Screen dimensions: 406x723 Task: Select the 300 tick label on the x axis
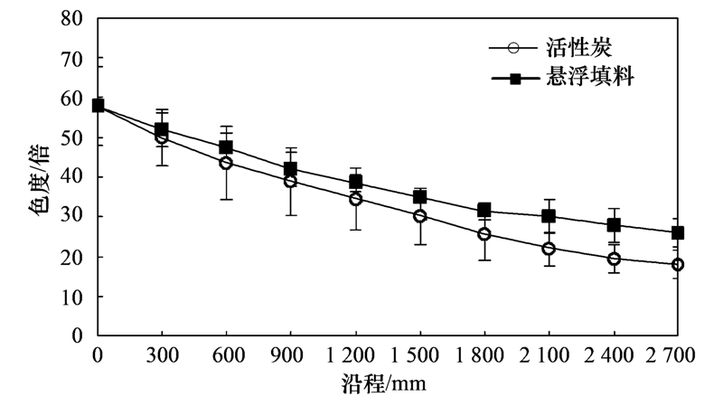(x=162, y=356)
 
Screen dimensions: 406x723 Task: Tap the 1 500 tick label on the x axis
(x=419, y=356)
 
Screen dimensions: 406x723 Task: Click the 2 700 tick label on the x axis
(x=677, y=356)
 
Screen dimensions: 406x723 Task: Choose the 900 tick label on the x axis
(x=290, y=356)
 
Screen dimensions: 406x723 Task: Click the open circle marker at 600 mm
(x=226, y=163)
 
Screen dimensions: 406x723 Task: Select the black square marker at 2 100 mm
(x=549, y=216)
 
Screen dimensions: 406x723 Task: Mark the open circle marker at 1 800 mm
(x=484, y=234)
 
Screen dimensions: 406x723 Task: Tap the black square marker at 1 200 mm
(x=355, y=182)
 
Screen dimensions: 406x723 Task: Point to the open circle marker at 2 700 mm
(x=677, y=264)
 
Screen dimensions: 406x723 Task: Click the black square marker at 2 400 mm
(x=614, y=225)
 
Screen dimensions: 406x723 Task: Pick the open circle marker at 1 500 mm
(x=419, y=216)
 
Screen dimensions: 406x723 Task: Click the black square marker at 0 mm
(x=98, y=106)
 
